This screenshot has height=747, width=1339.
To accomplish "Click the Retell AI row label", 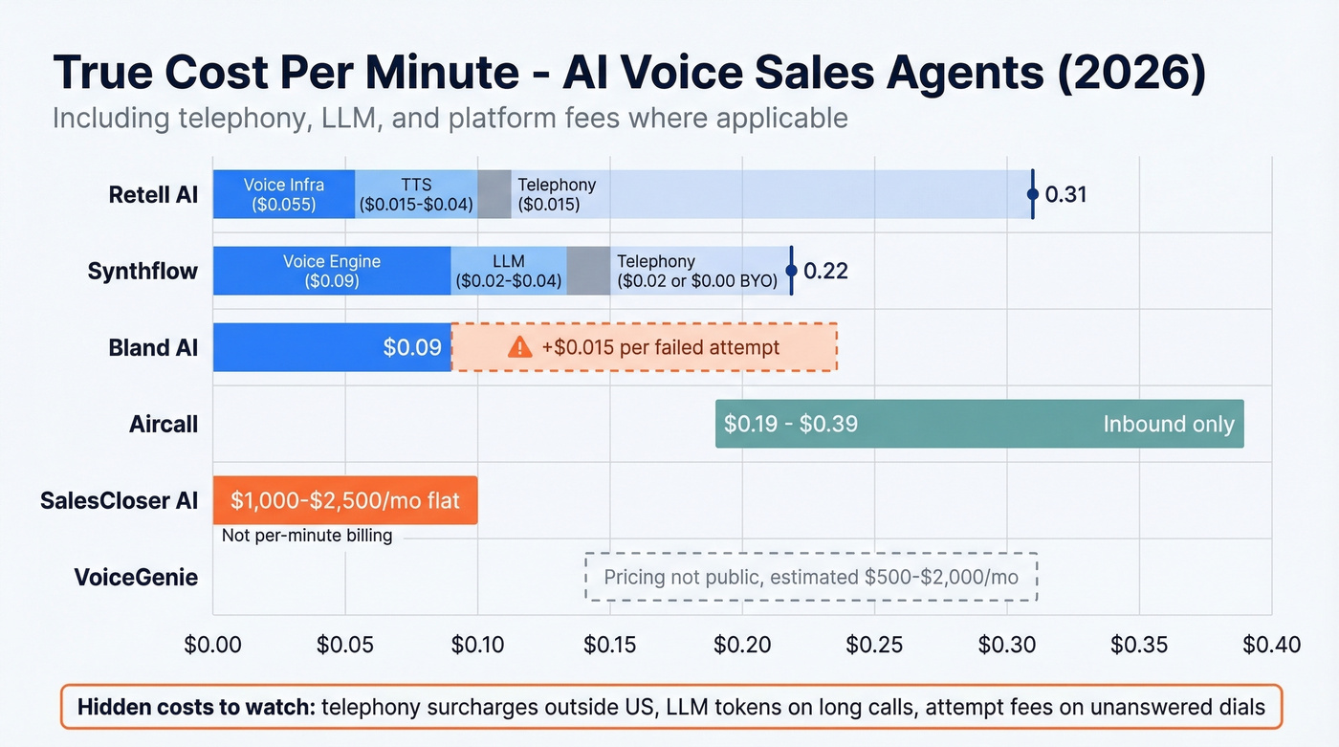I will click(153, 195).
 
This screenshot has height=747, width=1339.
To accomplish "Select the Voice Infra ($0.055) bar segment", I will click(284, 194).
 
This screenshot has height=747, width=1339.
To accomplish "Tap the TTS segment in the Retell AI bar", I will click(416, 194).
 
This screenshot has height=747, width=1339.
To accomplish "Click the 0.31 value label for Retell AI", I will click(1065, 195).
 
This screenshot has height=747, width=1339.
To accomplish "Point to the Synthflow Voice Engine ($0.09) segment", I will click(331, 271).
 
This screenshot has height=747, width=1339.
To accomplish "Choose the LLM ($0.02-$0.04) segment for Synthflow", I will click(508, 271).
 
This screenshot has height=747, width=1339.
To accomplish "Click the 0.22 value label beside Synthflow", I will click(825, 272).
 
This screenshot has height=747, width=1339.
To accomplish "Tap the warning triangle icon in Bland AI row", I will click(519, 347).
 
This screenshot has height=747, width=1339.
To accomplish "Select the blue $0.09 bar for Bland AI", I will click(331, 347).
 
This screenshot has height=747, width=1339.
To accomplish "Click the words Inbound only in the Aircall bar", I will click(1168, 424).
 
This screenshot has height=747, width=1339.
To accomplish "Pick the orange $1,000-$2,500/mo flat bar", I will click(344, 500).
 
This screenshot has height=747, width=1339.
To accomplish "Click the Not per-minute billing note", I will click(306, 536).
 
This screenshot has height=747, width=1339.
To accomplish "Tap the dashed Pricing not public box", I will click(811, 577).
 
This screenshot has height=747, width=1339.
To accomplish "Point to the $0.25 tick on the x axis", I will click(875, 645).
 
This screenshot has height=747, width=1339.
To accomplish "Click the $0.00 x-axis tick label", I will click(212, 645).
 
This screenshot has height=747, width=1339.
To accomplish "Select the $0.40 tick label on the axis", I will click(1271, 645).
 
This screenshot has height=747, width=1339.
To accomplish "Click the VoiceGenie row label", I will click(136, 578).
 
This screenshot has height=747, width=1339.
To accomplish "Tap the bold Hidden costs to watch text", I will click(196, 708).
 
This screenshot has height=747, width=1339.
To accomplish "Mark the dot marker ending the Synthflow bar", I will click(791, 271).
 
